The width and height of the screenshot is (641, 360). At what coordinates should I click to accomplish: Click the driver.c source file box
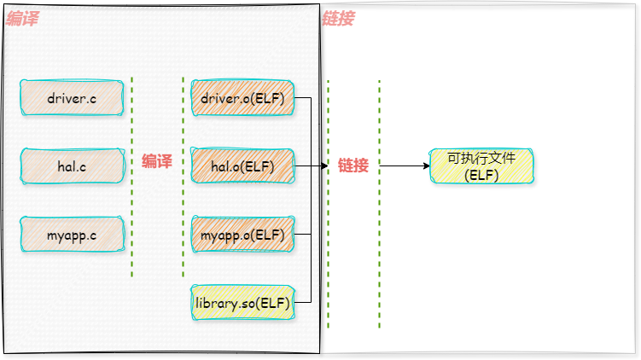pos(72,98)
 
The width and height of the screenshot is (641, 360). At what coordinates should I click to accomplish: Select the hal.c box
pos(72,166)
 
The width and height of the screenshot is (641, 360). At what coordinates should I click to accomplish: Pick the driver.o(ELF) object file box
pos(242,98)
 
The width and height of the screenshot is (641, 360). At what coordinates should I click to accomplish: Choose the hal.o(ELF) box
pos(242,166)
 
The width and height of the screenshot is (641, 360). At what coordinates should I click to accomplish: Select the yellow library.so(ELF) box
pos(242,303)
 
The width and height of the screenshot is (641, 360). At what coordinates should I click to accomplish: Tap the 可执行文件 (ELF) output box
pos(481,166)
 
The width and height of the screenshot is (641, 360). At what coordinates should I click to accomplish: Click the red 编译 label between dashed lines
pos(157,161)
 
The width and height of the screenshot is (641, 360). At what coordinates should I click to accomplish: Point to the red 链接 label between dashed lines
pos(353,165)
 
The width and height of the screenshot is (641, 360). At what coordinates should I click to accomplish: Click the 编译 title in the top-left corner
pos(22,19)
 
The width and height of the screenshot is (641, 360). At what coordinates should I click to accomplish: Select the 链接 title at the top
pos(338,19)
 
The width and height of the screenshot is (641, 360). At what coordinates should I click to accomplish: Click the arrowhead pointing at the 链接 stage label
pos(324,166)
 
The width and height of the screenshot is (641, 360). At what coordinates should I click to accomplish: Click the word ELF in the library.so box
pos(273,303)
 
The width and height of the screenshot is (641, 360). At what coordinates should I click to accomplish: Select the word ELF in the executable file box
pos(481,176)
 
